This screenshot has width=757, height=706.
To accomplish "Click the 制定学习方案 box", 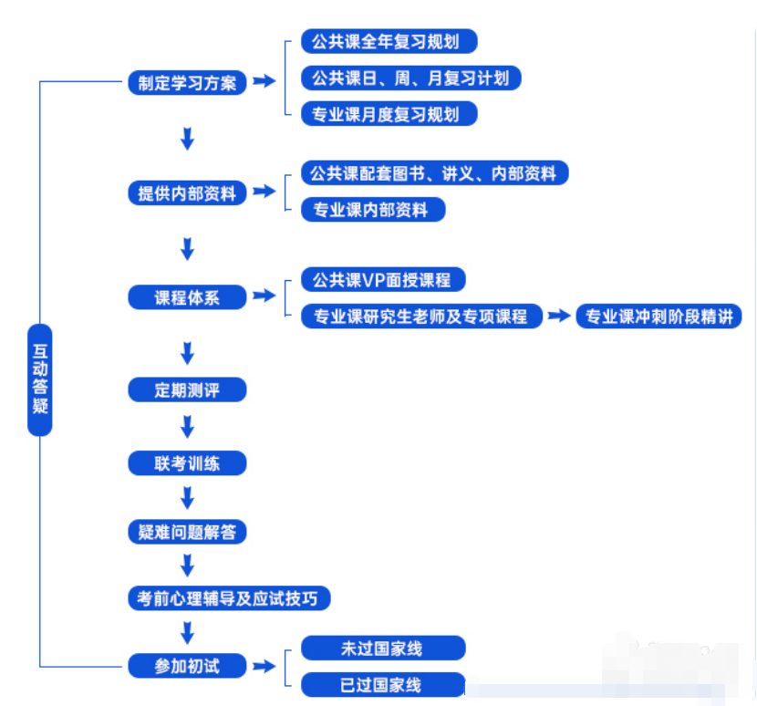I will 187,82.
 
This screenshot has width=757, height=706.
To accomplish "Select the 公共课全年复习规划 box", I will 389,42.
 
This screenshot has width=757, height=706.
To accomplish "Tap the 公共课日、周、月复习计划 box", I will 410,78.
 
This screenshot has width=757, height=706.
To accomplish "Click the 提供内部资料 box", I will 187,193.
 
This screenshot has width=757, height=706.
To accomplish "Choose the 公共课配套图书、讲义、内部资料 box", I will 434,173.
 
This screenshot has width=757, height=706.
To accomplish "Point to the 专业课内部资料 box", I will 373,210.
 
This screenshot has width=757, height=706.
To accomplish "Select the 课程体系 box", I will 187,297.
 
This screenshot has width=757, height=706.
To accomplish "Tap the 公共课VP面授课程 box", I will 376,280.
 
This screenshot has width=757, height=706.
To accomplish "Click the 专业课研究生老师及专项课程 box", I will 421,317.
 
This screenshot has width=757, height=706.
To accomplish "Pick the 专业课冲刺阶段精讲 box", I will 658,317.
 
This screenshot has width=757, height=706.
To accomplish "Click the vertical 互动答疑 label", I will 40,379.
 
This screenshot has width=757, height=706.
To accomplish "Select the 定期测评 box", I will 187,390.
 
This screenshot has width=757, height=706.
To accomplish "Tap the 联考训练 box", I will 187,463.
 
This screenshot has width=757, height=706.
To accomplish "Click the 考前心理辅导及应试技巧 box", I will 228,598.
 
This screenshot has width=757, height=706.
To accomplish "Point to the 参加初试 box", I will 187,666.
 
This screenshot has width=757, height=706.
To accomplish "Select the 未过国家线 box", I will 383,649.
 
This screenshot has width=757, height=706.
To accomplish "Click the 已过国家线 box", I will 383,685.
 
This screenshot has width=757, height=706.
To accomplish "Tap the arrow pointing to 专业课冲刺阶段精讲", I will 559,317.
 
